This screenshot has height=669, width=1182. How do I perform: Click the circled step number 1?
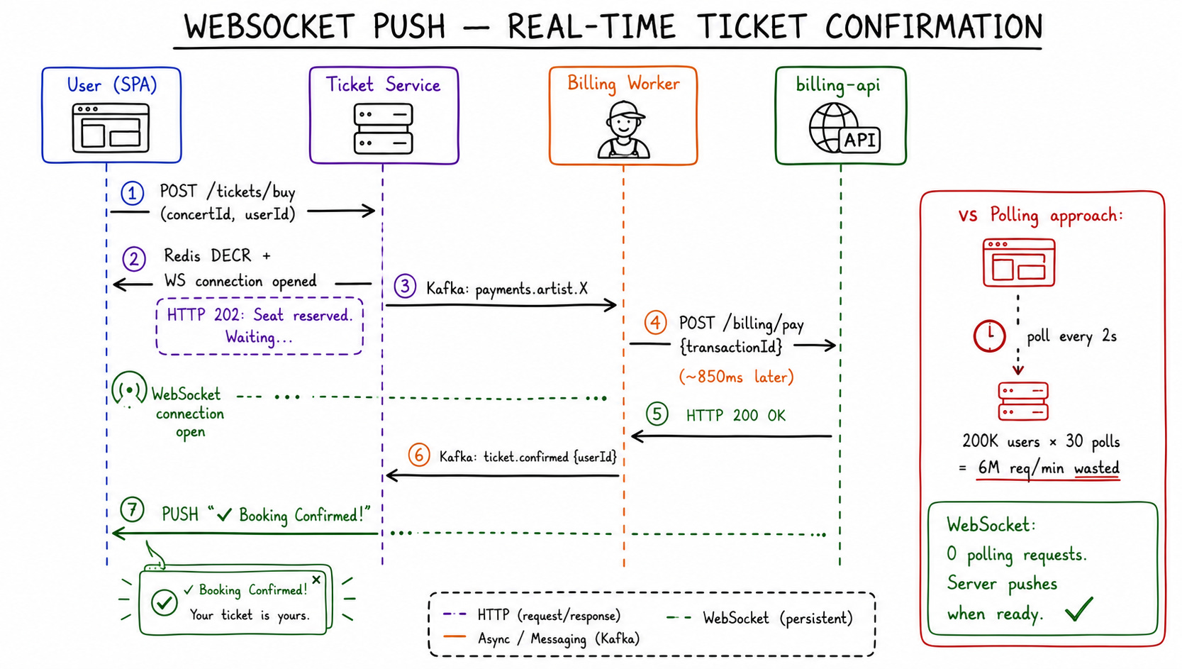(x=133, y=193)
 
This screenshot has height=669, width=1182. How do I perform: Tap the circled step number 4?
(x=655, y=322)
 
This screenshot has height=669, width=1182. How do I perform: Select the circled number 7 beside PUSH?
(x=132, y=511)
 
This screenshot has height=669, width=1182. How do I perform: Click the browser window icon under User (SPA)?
(x=111, y=128)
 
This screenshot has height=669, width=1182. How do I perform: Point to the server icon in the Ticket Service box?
(x=384, y=129)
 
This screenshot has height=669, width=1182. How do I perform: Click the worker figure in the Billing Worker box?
(x=623, y=130)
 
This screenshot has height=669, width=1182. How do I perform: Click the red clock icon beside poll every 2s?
(x=989, y=336)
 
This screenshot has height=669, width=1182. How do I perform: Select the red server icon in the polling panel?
(x=1023, y=402)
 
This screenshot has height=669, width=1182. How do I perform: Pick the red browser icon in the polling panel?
(x=1019, y=262)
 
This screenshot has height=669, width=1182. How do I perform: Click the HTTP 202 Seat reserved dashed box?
(x=260, y=326)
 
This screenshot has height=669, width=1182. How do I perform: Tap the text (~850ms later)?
(x=736, y=377)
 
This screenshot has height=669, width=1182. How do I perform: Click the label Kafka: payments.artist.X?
(x=507, y=288)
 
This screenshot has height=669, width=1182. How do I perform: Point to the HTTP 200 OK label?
(x=735, y=416)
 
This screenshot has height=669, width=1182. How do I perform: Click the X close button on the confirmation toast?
(x=316, y=580)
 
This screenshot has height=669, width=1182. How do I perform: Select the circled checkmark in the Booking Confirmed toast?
(x=164, y=602)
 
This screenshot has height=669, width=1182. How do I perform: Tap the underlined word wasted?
(x=1097, y=468)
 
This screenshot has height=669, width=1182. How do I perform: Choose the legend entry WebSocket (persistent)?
(x=760, y=618)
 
